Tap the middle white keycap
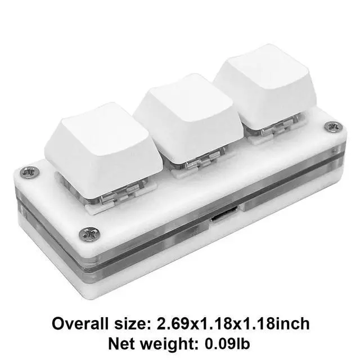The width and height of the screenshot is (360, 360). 188,119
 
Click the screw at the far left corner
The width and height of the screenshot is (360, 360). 30,172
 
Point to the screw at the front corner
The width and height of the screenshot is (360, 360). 89,234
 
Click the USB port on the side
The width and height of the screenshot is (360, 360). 224,214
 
